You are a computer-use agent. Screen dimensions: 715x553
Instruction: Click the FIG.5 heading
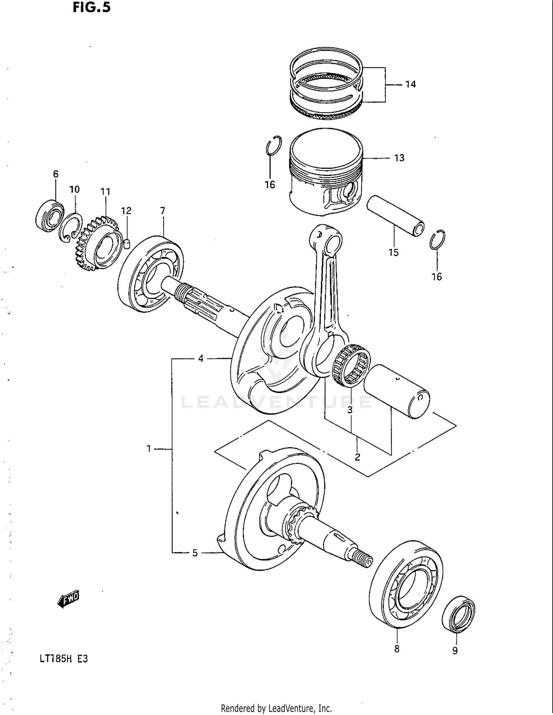pos(91,7)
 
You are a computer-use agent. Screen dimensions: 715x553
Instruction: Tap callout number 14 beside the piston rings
pos(410,84)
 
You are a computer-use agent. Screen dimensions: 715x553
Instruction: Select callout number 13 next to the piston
pos(399,158)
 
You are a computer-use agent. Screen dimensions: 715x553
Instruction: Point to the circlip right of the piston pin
pos(438,239)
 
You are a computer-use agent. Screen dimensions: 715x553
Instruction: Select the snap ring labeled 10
pos(71,228)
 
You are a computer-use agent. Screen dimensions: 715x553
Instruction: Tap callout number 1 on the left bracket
pos(149,449)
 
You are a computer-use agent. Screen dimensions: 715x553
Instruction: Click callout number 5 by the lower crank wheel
pos(195,553)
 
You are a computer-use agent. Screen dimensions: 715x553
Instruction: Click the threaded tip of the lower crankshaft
pos(365,562)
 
